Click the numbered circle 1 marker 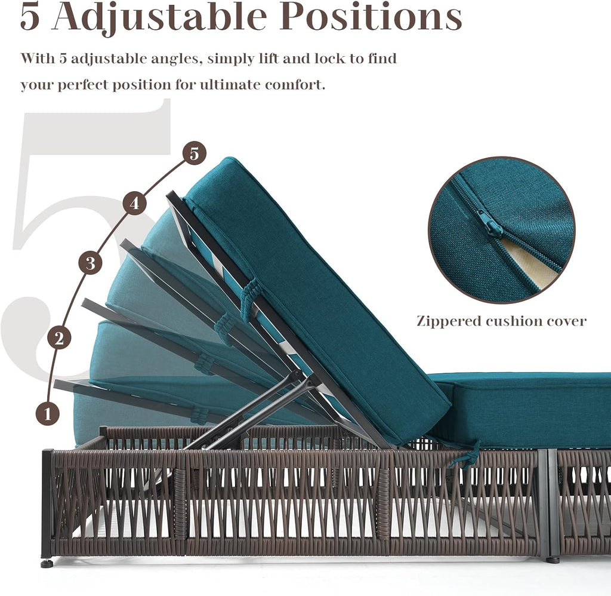[48, 413]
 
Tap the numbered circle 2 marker [59, 338]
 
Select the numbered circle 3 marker [91, 263]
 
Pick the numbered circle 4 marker [134, 204]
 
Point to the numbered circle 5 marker [195, 153]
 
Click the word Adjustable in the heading [159, 17]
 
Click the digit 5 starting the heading [30, 17]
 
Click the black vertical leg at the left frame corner [47, 504]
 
